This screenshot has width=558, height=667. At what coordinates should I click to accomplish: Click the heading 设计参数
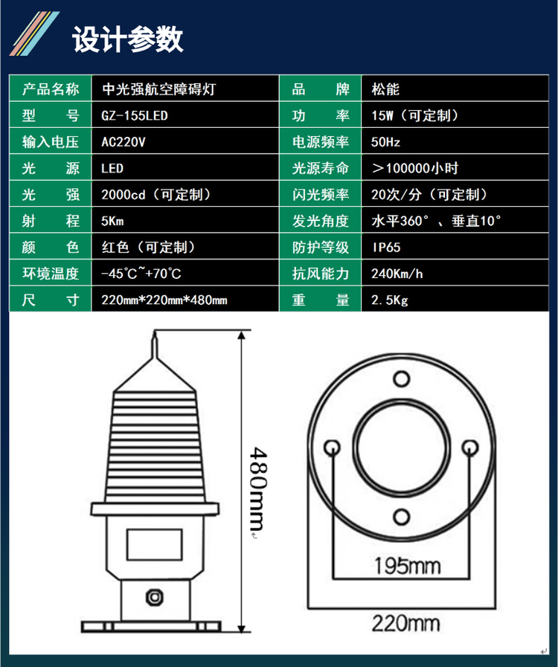coord(128,39)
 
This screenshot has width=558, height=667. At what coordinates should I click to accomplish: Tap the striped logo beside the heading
coord(34,33)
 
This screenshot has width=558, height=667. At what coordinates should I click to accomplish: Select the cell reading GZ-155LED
coord(135,116)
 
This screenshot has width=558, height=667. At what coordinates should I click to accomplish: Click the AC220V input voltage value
coord(124,142)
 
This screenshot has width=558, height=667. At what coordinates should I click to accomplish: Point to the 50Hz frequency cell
coord(385,142)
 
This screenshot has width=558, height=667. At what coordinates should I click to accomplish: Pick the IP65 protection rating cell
coord(386,248)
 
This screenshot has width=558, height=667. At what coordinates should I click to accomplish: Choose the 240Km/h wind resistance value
coord(397,274)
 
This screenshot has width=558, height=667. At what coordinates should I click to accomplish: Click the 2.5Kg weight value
coord(389,300)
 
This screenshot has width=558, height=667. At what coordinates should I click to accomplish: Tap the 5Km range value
coord(112,221)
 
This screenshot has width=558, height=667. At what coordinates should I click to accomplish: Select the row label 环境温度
coord(51,274)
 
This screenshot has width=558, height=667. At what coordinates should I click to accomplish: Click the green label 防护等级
coord(321,248)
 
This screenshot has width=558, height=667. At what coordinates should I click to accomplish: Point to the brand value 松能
coord(385,89)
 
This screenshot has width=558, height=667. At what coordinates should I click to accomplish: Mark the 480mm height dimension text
coord(258,489)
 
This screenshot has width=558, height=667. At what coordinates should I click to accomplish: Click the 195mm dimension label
coord(407,566)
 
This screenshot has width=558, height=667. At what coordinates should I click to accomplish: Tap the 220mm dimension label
coord(405,624)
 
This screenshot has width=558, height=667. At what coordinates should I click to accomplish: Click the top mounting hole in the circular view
coord(401,378)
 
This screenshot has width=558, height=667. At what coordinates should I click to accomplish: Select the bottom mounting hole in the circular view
coord(401,517)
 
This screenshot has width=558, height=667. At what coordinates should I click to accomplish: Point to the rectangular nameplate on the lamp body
coord(155,544)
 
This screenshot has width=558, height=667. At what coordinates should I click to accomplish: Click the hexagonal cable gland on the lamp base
coord(155,597)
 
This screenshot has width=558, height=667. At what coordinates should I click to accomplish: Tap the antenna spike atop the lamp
coord(155,345)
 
